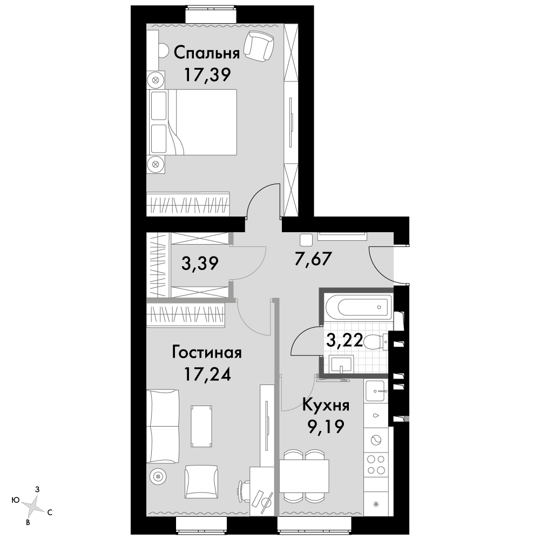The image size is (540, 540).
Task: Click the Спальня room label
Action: coord(207,53)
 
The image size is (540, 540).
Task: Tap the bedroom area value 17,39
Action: coord(207,75)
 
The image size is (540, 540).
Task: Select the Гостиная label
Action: coord(207,353)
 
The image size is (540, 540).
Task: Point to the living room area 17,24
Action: coord(207,374)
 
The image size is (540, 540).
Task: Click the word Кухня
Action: coord(326,406)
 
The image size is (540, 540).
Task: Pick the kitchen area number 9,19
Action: coord(326,427)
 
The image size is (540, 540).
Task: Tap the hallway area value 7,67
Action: coord(313,259)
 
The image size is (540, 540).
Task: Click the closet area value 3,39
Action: coord(200,264)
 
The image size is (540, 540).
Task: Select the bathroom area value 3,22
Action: coord(345,341)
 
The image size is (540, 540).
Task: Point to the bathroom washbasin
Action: coord(341,364)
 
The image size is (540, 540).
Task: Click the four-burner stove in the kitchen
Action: coord(376,464)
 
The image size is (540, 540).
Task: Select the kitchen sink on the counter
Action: coord(375,391)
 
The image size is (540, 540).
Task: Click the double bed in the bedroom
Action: coord(192,122)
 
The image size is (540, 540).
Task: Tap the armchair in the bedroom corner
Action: coord(259,46)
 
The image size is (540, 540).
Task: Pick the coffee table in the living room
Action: coord(201,426)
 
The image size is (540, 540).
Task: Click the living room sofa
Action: coord(163,427)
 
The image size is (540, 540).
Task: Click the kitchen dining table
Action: coord(304,476)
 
